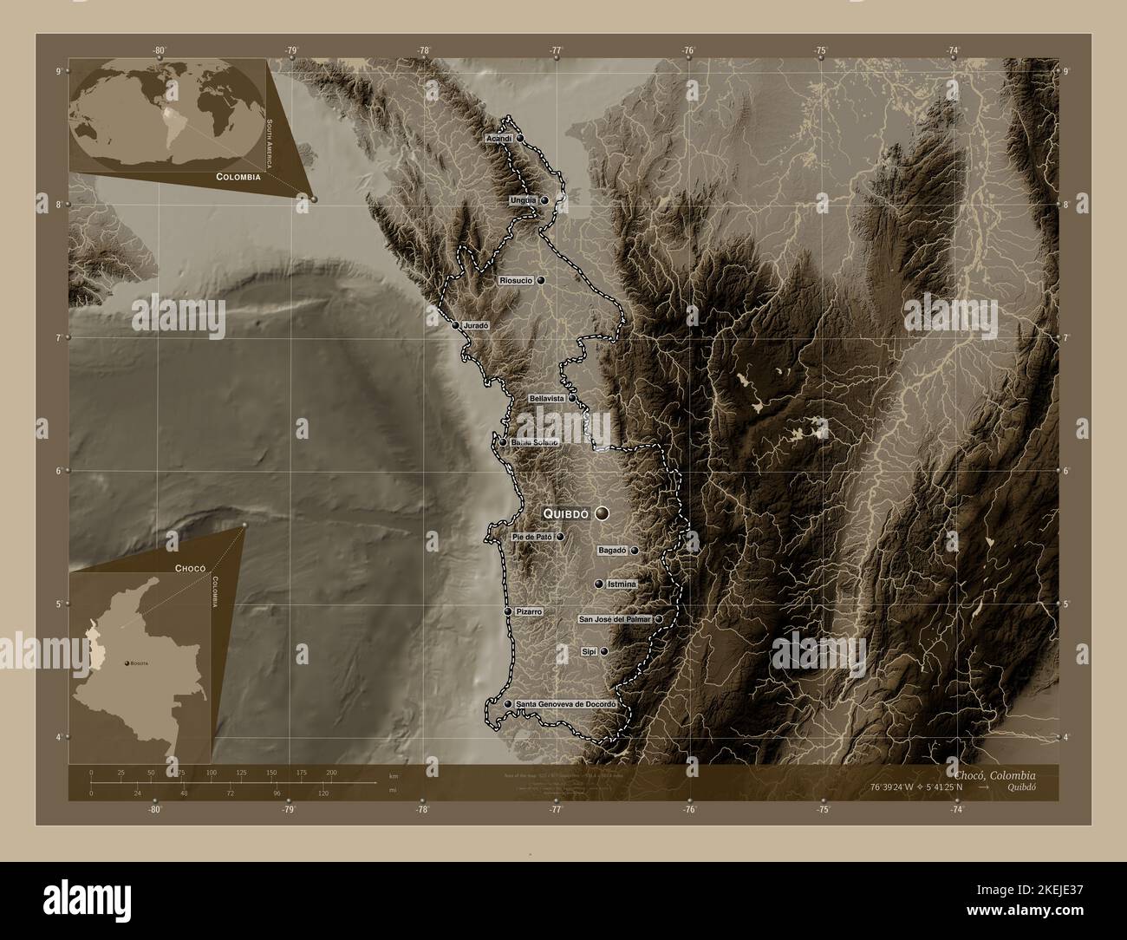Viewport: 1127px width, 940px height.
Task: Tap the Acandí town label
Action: coord(498,138)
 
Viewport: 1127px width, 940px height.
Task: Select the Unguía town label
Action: coord(524,200)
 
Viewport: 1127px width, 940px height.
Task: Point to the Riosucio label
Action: coord(517,281)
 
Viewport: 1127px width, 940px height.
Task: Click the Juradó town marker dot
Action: coord(455,325)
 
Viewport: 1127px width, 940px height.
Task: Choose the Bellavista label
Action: coord(546,398)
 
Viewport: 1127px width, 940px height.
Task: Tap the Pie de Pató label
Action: coord(532,537)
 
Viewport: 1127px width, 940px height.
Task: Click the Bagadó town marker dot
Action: coord(635,550)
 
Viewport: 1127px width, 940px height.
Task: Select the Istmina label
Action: coord(622,584)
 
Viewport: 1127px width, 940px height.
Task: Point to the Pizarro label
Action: coord(529,611)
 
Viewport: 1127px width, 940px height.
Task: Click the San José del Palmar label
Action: coord(615,619)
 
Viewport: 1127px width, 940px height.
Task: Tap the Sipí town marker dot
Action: coord(604,650)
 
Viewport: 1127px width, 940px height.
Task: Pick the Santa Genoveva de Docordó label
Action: coord(565,704)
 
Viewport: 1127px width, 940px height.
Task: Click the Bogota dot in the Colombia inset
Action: coord(127,663)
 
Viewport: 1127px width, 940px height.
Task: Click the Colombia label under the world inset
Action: coord(234,176)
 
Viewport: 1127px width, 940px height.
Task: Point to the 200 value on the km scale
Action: coord(330,772)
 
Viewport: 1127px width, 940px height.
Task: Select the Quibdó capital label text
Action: coord(566,513)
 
